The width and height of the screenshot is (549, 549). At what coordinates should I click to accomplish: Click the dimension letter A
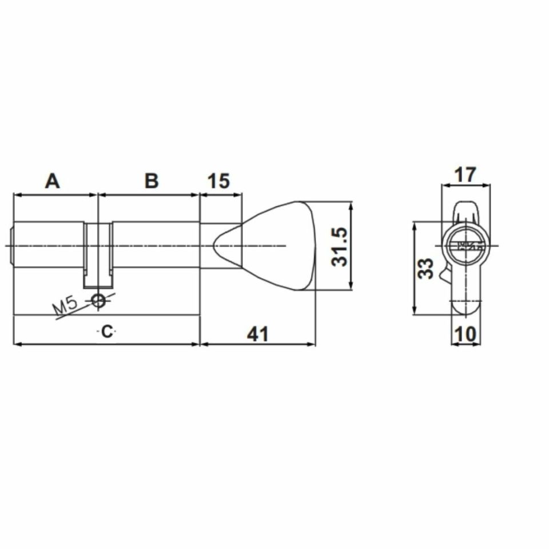click(52, 181)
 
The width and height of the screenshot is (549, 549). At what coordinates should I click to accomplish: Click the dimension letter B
click(151, 181)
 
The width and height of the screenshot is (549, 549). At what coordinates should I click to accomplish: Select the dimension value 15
click(217, 181)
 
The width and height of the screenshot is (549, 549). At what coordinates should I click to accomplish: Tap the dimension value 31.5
click(341, 246)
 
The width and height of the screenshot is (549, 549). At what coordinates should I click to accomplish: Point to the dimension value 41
click(257, 333)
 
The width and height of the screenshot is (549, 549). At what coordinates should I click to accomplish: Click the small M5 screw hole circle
click(99, 299)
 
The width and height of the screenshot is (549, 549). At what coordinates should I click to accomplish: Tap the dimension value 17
click(465, 174)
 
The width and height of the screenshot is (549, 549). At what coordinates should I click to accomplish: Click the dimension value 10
click(466, 334)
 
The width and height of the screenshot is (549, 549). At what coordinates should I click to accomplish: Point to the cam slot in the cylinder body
click(99, 254)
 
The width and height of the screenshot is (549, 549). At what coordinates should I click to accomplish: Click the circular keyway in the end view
click(466, 246)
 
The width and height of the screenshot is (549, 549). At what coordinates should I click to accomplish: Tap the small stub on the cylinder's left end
click(12, 246)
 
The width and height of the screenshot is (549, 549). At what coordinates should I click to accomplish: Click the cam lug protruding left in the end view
click(444, 275)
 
